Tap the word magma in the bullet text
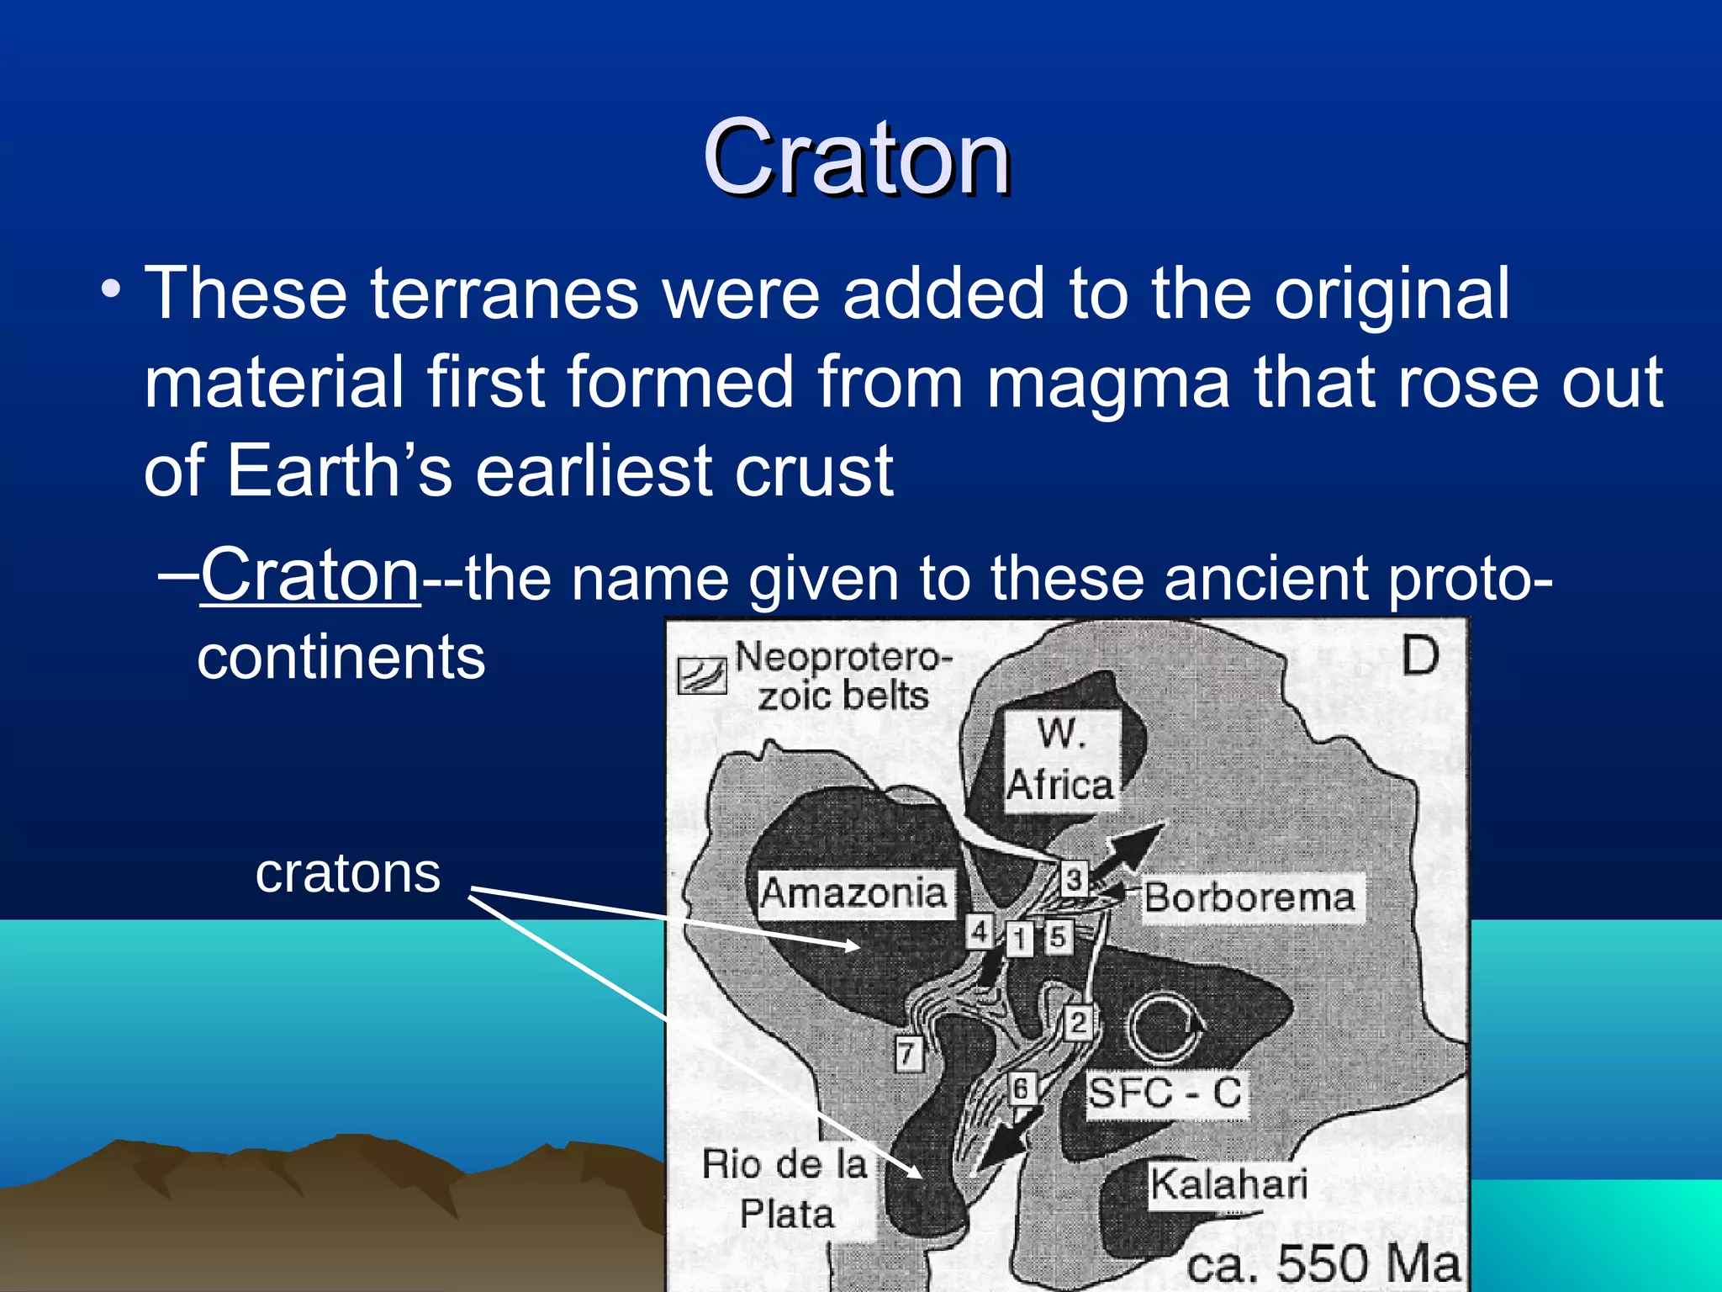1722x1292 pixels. click(x=1108, y=383)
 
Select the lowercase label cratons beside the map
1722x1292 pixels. click(x=347, y=873)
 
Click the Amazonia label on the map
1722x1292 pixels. click(x=853, y=893)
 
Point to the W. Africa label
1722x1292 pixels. click(x=1061, y=761)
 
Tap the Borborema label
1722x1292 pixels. click(x=1249, y=898)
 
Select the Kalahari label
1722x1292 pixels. click(x=1228, y=1184)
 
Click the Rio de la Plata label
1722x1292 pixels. click(x=784, y=1189)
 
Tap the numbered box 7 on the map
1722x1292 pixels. click(x=907, y=1053)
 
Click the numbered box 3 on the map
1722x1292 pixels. click(x=1074, y=880)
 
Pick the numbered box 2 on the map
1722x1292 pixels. click(x=1079, y=1023)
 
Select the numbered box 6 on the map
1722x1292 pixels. click(x=1021, y=1088)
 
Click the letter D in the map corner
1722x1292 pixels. click(x=1420, y=656)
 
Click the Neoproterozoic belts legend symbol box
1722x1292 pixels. click(x=701, y=675)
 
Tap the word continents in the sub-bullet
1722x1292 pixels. click(x=341, y=658)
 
